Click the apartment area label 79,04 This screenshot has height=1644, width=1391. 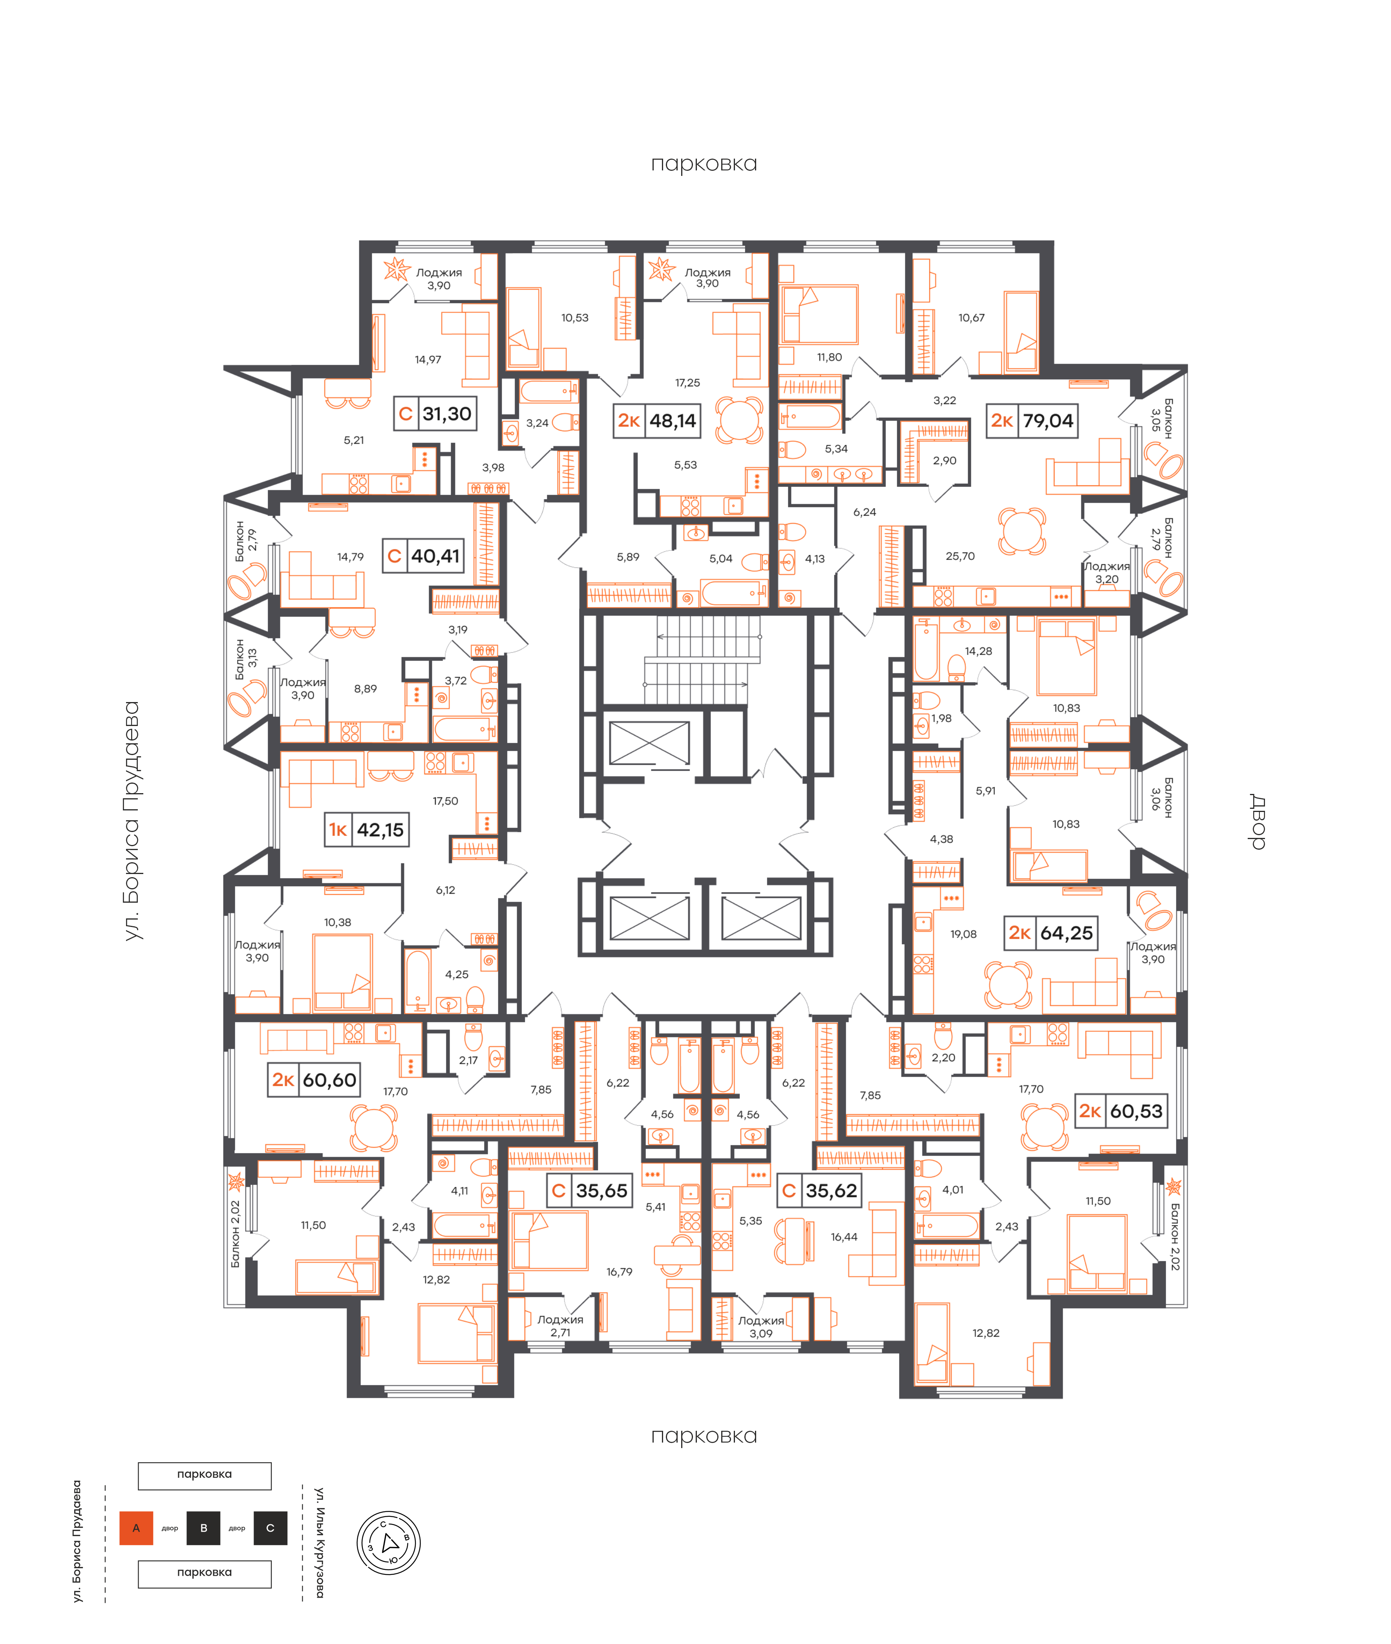click(1048, 420)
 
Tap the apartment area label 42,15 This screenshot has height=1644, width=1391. click(380, 830)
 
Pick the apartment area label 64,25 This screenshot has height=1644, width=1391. click(1066, 933)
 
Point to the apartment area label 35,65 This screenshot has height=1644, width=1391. click(601, 1190)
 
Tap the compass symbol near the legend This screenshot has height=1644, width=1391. click(389, 1543)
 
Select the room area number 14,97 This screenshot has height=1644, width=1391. click(428, 360)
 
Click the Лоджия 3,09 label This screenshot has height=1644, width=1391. click(761, 1327)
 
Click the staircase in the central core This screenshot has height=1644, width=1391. click(702, 659)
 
